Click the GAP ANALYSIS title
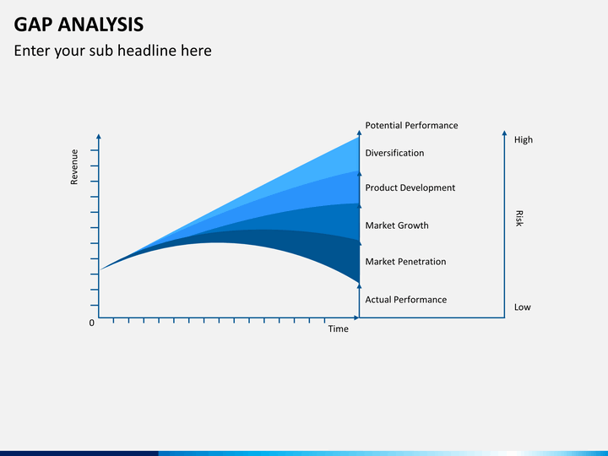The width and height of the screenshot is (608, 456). click(x=79, y=24)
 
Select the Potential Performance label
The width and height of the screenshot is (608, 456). click(x=411, y=125)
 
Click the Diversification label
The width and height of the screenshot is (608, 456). click(x=394, y=153)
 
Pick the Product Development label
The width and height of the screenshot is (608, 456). click(x=410, y=187)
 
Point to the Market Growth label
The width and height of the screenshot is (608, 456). click(x=397, y=225)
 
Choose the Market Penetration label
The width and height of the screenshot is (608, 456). click(x=405, y=261)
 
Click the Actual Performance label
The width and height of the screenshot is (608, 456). click(x=405, y=299)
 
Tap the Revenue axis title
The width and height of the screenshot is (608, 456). click(x=74, y=166)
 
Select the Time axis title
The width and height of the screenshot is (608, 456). click(x=338, y=328)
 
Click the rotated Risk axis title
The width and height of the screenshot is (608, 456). click(x=519, y=219)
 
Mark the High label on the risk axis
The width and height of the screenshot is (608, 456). click(x=523, y=139)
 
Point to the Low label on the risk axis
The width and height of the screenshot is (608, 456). click(x=523, y=307)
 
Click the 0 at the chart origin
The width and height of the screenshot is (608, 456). click(x=91, y=323)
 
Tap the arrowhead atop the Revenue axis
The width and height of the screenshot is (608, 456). click(x=99, y=137)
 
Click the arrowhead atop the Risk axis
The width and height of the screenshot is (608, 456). click(x=504, y=133)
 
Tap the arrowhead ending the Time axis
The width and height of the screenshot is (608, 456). click(x=356, y=318)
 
